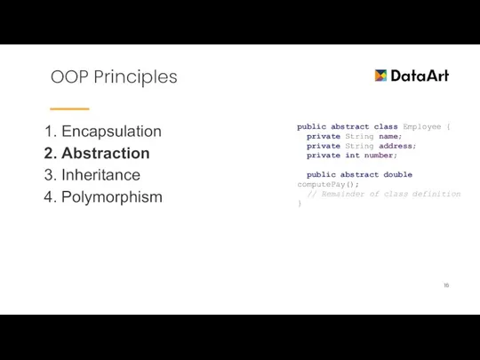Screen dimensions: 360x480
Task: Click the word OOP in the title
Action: [x=69, y=77]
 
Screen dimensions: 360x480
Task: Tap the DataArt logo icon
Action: [x=380, y=76]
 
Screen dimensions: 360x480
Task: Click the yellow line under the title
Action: [x=69, y=108]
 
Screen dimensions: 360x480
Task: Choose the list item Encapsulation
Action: [x=111, y=132]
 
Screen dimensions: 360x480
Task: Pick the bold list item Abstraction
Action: [x=105, y=153]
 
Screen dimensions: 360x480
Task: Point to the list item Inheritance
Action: [x=100, y=175]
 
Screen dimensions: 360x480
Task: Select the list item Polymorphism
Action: [x=111, y=197]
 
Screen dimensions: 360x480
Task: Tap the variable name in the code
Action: [x=389, y=137]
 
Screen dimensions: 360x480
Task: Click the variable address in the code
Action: [x=397, y=146]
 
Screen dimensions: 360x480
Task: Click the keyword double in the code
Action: [x=397, y=175]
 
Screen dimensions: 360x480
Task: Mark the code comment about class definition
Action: [x=384, y=194]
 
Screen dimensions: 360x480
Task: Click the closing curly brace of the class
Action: [x=300, y=204]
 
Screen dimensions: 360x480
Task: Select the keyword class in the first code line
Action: [x=385, y=127]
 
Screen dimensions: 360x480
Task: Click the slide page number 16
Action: [x=445, y=285]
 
